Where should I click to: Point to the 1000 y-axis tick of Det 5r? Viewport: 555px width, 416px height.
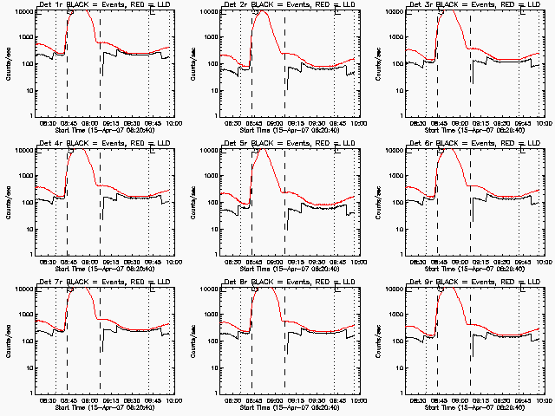pos(206,176)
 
